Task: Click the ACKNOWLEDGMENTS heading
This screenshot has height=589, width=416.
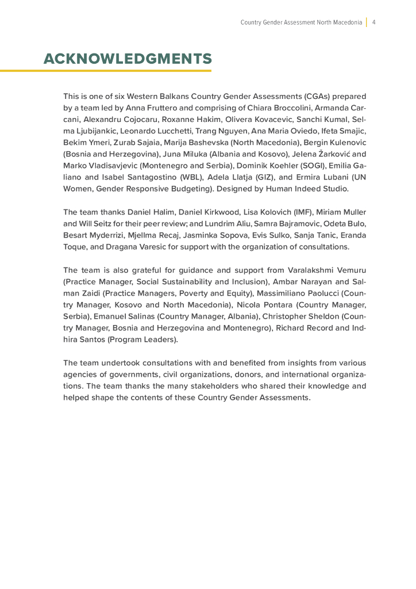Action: click(x=128, y=59)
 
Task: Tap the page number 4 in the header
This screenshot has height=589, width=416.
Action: click(x=374, y=22)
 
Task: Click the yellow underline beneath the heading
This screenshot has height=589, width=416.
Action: click(x=106, y=71)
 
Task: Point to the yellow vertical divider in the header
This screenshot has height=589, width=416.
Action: click(x=366, y=22)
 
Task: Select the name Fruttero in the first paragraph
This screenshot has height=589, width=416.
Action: click(x=176, y=108)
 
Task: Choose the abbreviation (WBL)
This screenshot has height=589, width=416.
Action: click(x=188, y=177)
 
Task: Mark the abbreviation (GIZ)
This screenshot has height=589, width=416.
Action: click(x=266, y=177)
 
